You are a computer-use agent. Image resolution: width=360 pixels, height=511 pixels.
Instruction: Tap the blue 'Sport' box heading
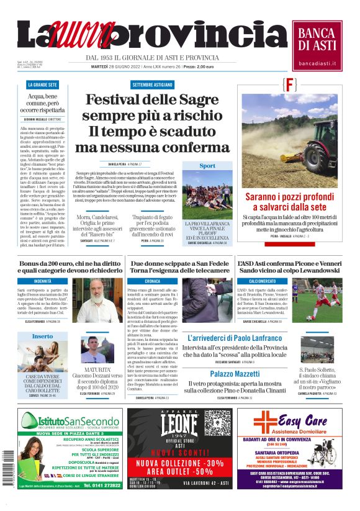[x=207, y=166]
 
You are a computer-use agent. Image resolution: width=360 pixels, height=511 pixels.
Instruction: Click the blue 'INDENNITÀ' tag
[x=43, y=281]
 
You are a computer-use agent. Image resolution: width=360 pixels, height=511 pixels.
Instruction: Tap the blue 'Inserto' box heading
[x=42, y=336]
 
